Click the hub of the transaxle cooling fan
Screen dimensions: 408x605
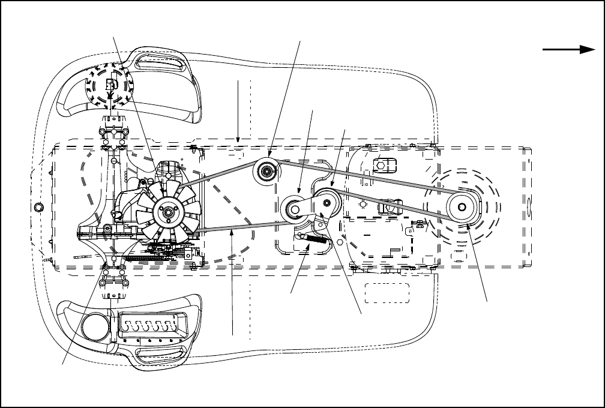point(166,210)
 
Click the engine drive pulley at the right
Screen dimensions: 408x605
point(461,207)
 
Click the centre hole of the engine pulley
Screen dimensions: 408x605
point(461,207)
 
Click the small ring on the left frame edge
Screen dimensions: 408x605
point(40,207)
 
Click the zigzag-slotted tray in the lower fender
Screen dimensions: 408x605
point(150,327)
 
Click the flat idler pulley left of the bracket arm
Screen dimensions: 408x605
point(294,208)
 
